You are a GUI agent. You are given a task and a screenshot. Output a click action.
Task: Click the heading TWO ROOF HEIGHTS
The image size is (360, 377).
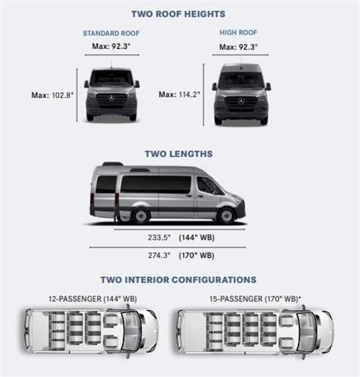coord(179,14)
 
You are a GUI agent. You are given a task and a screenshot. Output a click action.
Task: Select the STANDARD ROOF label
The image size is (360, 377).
coord(111,33)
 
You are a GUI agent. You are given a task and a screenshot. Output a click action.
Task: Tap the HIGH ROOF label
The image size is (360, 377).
coord(238,32)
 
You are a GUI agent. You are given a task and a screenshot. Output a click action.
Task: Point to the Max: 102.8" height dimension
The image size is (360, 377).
coord(53,95)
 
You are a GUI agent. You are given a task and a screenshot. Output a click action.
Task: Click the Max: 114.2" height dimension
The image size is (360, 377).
coord(179,94)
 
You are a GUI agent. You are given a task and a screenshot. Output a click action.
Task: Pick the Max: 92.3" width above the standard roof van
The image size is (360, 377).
coord(111,46)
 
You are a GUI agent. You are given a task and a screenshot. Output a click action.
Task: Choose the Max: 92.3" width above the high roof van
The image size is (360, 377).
coord(238,47)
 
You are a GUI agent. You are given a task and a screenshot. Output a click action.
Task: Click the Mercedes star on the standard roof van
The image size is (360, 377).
coord(111,98)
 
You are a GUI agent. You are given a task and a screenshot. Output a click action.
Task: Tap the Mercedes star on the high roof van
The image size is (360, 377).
coord(241,101)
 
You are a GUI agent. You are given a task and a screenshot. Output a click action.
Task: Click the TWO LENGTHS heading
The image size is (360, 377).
coord(179,154)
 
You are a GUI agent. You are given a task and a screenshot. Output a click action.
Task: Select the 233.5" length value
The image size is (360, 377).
coord(159,237)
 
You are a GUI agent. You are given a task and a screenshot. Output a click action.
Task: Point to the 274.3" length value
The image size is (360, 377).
coord(159,255)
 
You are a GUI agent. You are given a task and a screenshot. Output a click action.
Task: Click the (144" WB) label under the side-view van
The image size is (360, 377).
coord(197,237)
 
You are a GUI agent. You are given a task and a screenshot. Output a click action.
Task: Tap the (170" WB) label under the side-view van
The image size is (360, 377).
coord(197,255)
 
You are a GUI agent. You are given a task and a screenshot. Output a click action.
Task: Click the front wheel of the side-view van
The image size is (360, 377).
coord(226,216)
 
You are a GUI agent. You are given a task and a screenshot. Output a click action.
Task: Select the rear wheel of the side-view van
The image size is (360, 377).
coord(141,216)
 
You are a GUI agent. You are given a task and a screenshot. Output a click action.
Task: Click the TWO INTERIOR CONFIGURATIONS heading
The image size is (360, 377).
coord(179,280)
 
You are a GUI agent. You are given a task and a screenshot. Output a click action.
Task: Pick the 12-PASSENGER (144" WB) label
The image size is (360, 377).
coord(93,299)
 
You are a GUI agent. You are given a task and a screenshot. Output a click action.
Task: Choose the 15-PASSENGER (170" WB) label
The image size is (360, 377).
coord(256,299)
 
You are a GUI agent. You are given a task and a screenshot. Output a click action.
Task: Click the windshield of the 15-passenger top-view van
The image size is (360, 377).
coord(305,332)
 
